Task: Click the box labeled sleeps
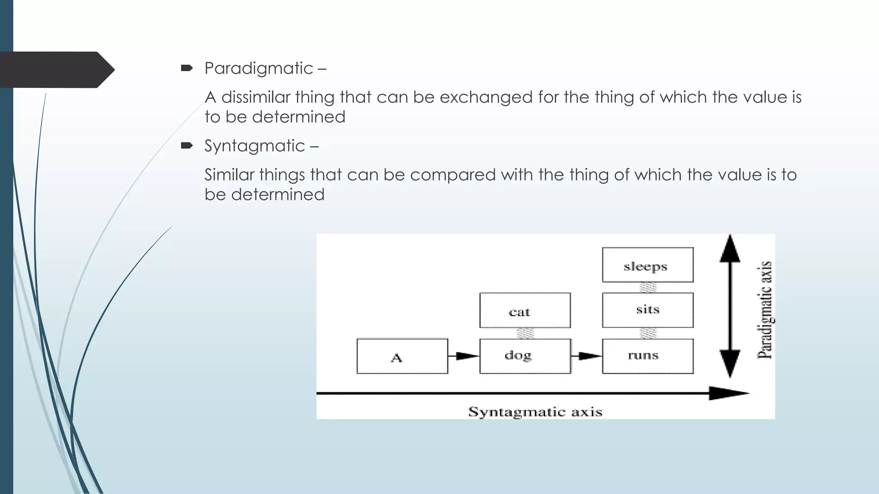(x=647, y=265)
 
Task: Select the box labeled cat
(x=524, y=310)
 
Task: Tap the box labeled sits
(x=647, y=310)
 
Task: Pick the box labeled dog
(x=524, y=356)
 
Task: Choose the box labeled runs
(x=647, y=356)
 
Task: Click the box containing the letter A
(x=402, y=356)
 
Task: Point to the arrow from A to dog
(x=464, y=356)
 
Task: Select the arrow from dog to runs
(x=586, y=356)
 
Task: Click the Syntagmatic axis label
(x=535, y=412)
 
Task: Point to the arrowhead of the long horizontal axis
(x=727, y=393)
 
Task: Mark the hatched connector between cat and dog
(x=525, y=333)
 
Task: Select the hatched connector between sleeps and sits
(x=648, y=287)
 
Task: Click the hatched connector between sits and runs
(x=648, y=333)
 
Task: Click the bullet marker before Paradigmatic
(x=187, y=68)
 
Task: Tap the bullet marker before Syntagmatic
(x=187, y=146)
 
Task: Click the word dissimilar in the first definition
(x=256, y=97)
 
